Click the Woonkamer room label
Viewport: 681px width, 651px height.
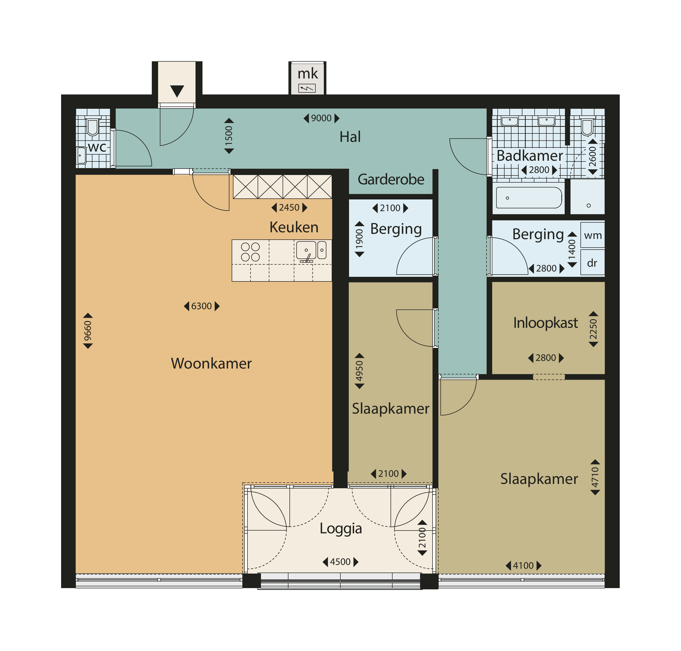[211, 363]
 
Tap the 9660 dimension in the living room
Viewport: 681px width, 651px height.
[88, 331]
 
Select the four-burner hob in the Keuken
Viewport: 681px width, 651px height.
[251, 252]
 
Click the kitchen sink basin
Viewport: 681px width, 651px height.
[306, 250]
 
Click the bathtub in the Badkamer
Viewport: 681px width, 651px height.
[529, 197]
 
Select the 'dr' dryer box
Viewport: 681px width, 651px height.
[593, 262]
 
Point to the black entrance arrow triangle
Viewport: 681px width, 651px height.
[177, 91]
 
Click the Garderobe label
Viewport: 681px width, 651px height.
[391, 179]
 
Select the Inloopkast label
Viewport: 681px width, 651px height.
[545, 323]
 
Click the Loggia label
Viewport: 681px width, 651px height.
[341, 528]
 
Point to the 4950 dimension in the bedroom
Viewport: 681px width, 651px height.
[359, 371]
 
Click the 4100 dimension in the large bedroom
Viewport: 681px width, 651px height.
[523, 566]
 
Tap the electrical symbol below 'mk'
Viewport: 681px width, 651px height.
[307, 88]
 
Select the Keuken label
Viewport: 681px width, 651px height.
[294, 227]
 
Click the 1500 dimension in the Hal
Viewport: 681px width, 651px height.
[229, 136]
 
